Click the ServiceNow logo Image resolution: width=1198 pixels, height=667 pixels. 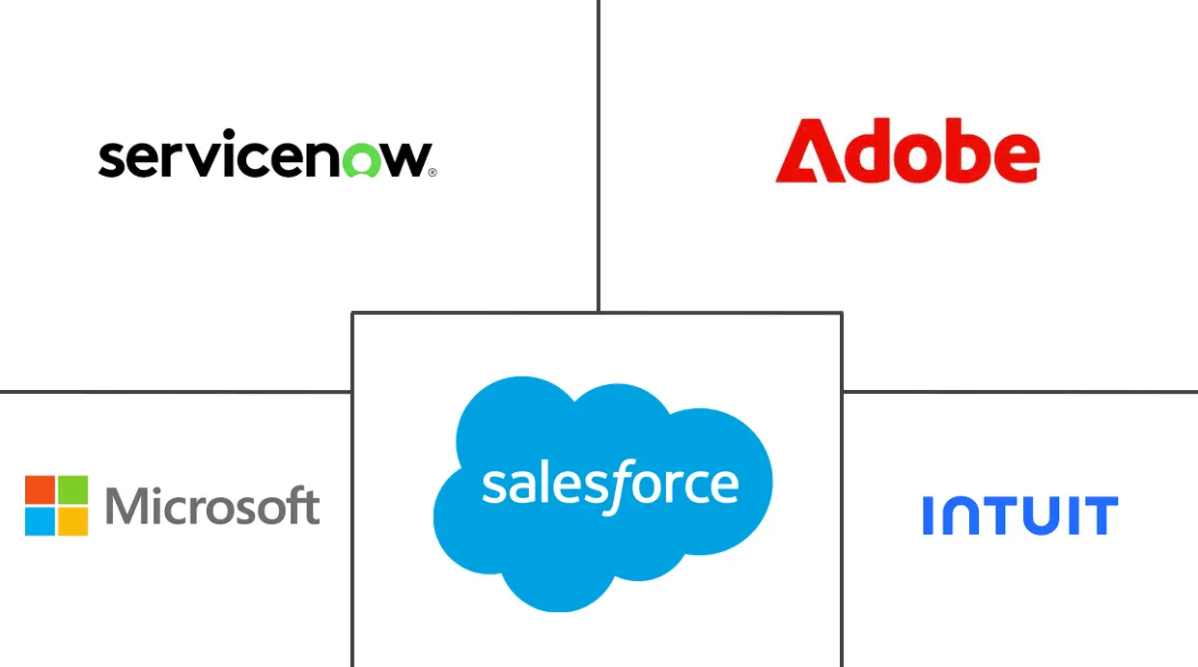pyautogui.click(x=265, y=157)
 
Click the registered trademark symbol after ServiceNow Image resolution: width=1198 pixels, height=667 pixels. pyautogui.click(x=432, y=173)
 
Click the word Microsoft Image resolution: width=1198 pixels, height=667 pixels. pyautogui.click(x=212, y=506)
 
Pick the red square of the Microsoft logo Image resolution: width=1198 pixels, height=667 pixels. pyautogui.click(x=40, y=489)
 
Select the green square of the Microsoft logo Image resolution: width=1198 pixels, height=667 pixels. pyautogui.click(x=72, y=489)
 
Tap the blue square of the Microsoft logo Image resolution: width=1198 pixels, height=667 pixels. pyautogui.click(x=40, y=521)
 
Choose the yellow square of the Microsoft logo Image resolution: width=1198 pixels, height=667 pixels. pyautogui.click(x=72, y=521)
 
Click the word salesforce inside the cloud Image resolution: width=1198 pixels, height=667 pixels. pyautogui.click(x=610, y=485)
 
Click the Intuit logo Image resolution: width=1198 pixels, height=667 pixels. pyautogui.click(x=1019, y=515)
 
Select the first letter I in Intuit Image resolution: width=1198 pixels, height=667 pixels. pyautogui.click(x=928, y=515)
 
